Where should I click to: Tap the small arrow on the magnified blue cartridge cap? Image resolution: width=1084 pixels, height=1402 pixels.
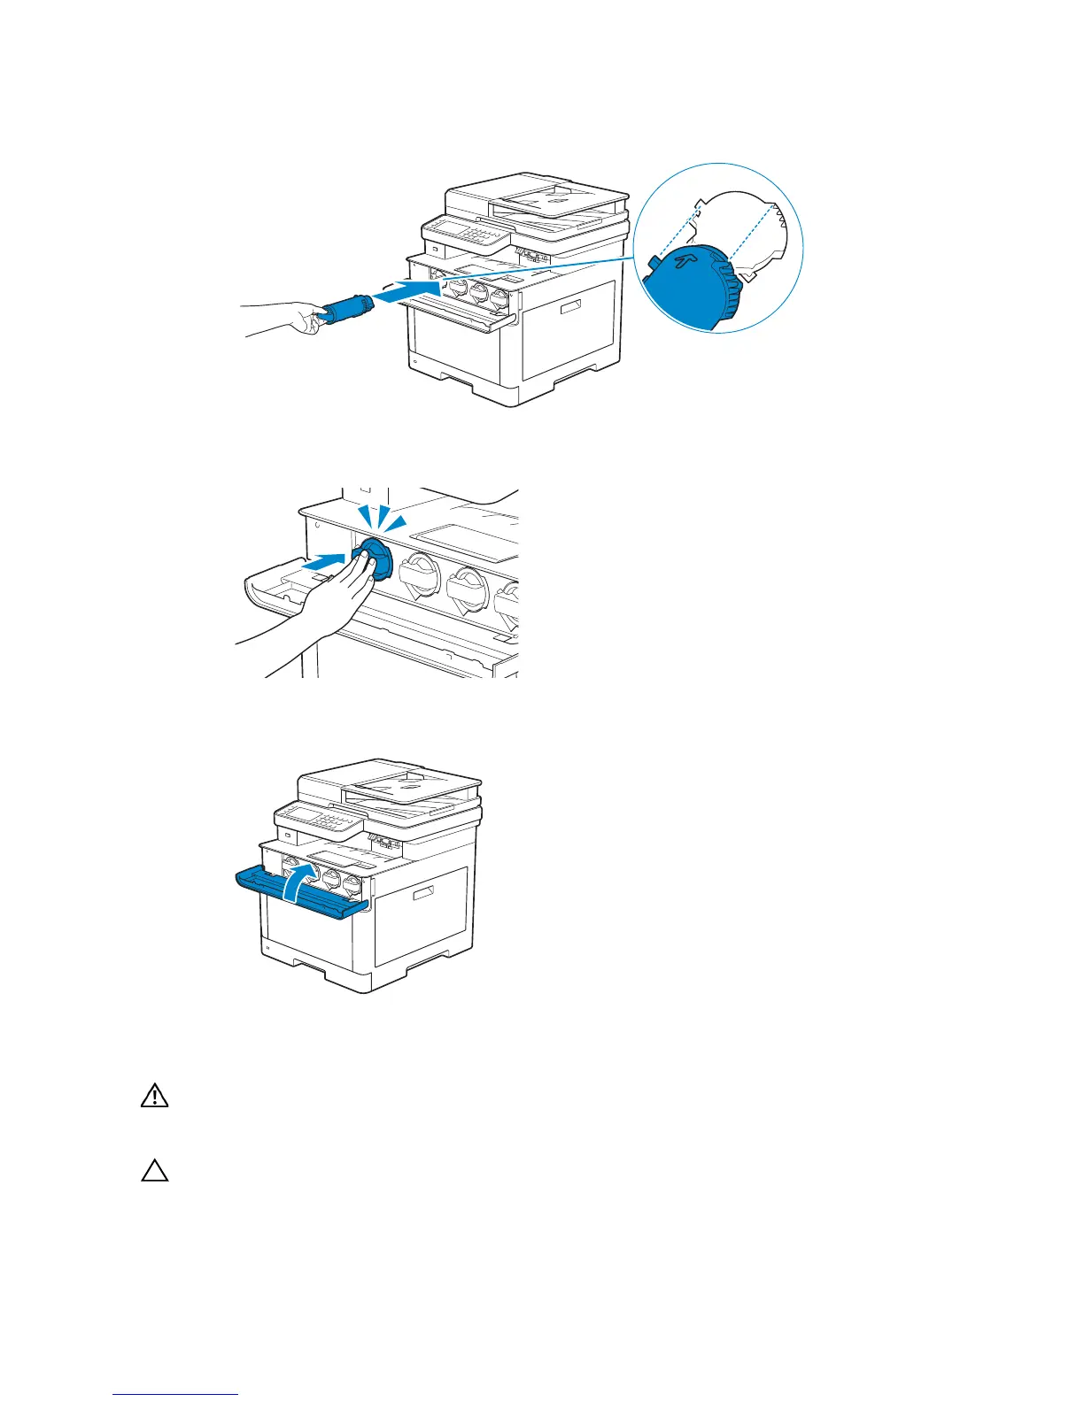click(682, 261)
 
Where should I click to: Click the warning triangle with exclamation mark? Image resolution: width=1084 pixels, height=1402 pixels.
click(154, 1097)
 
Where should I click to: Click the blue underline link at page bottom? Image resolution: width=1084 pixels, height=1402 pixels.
click(175, 1394)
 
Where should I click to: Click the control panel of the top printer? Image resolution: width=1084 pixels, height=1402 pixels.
click(466, 234)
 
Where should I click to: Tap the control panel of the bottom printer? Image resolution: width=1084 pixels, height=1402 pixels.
click(318, 819)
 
